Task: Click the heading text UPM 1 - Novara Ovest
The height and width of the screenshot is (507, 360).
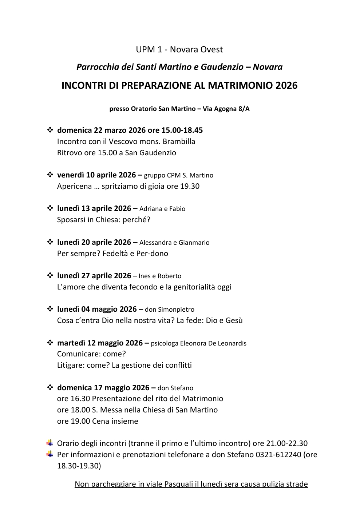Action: click(x=179, y=49)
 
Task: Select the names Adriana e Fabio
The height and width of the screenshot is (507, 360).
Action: click(x=162, y=209)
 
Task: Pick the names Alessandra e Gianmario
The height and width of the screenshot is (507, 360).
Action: click(x=174, y=243)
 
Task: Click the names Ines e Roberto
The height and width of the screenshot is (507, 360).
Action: click(x=160, y=276)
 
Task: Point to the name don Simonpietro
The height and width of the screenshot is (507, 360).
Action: click(x=170, y=310)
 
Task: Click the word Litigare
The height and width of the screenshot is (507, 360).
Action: click(x=71, y=365)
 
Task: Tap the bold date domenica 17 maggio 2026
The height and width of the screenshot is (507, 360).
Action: click(x=103, y=388)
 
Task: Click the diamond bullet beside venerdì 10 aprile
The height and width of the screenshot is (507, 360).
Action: click(x=50, y=175)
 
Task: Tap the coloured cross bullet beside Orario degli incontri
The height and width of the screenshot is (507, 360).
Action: click(x=50, y=443)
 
